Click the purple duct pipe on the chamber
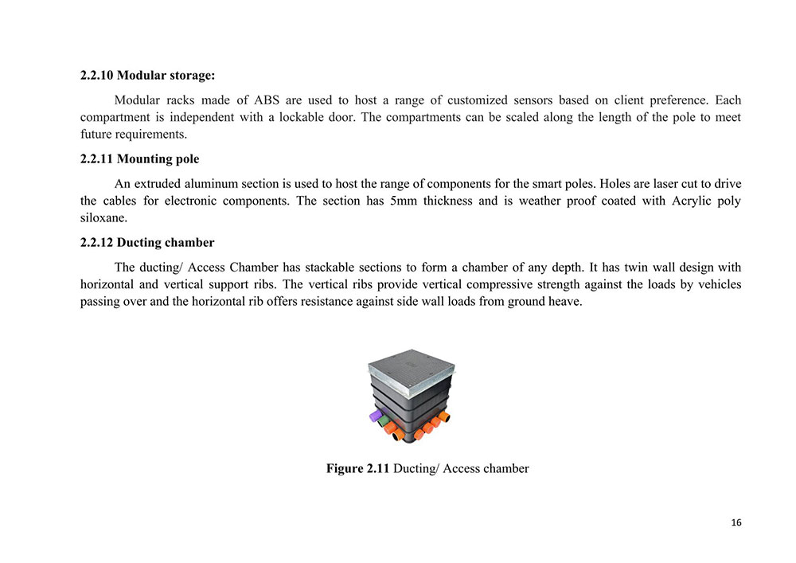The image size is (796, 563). (x=374, y=416)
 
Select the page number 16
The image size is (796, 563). (x=736, y=522)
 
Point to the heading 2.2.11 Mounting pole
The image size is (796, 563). (x=139, y=159)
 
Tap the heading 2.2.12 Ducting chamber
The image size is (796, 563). (x=146, y=243)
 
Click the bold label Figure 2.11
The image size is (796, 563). (x=357, y=468)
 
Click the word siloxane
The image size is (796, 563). (x=103, y=217)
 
